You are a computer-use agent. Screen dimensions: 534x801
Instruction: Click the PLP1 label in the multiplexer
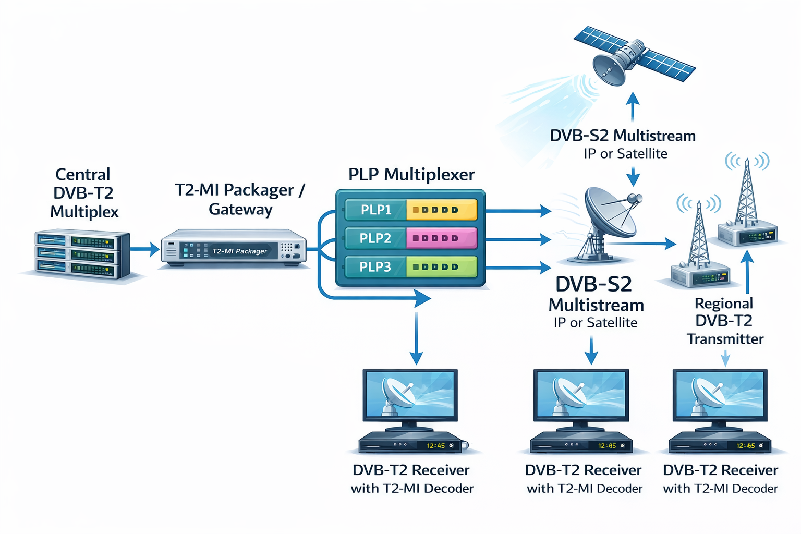click(x=375, y=210)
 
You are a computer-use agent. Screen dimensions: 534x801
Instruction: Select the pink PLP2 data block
click(x=441, y=238)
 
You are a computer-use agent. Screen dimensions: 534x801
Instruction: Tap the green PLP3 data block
click(x=441, y=267)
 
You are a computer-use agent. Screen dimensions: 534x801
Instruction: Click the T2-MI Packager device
click(x=233, y=249)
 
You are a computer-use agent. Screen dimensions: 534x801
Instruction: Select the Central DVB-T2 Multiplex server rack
click(x=82, y=254)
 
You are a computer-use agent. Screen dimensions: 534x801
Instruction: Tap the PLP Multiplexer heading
click(x=411, y=174)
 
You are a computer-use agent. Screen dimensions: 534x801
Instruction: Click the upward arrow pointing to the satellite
click(x=633, y=107)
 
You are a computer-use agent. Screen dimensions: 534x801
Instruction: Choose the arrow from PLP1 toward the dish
click(x=518, y=211)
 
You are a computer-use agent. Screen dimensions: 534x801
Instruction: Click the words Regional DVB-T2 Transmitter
click(x=724, y=321)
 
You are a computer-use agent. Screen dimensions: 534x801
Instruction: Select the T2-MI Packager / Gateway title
click(x=240, y=199)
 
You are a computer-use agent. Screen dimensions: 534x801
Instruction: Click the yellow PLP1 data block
click(x=441, y=210)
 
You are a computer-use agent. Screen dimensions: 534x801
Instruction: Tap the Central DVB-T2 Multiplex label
click(x=83, y=193)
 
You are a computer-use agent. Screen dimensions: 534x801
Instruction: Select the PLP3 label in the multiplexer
click(x=375, y=267)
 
